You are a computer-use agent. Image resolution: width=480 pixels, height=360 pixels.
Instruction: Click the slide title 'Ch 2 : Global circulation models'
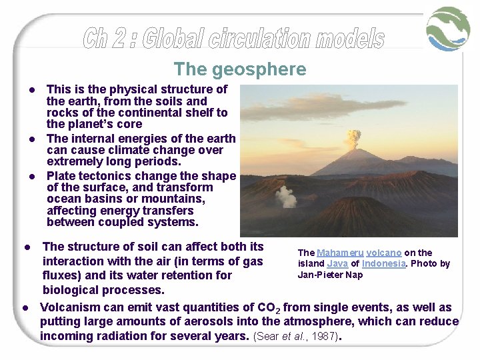[x=233, y=38]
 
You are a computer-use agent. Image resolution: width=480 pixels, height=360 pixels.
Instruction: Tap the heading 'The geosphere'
[x=240, y=69]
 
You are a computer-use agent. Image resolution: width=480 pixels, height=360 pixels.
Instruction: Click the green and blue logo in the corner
[x=448, y=29]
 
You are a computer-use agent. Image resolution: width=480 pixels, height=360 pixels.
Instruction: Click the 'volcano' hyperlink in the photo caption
[x=383, y=253]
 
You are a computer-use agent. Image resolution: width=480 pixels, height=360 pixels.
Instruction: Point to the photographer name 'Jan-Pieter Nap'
[x=330, y=275]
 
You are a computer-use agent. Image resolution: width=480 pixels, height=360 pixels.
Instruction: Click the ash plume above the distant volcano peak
[x=353, y=139]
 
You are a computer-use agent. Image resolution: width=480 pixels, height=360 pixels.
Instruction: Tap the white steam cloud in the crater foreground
[x=286, y=196]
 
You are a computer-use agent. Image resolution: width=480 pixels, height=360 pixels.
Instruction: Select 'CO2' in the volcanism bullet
[x=271, y=307]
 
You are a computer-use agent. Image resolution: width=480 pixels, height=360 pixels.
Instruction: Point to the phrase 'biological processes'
[x=104, y=290]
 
